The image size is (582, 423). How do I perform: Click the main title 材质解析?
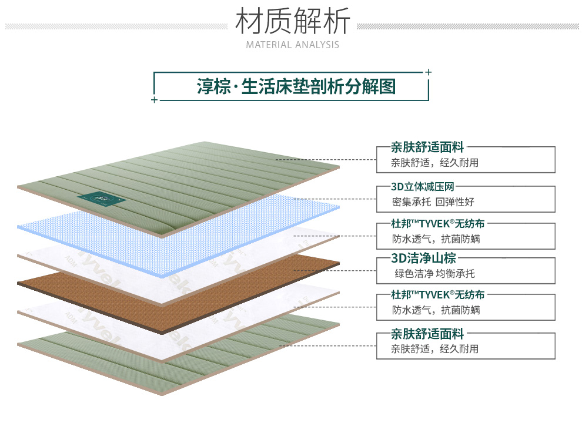coord(292,21)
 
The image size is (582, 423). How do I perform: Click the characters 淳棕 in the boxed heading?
coord(212,87)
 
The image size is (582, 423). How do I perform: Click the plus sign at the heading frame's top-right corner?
coord(428,72)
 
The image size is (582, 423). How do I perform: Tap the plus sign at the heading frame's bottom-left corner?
coord(154,100)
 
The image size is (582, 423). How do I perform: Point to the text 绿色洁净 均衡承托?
coord(434,273)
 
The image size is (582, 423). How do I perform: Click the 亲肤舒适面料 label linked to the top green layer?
coord(427,148)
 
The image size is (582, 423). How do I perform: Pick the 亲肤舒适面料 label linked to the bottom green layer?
coord(427,334)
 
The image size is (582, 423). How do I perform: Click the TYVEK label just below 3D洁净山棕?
coord(439,294)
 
